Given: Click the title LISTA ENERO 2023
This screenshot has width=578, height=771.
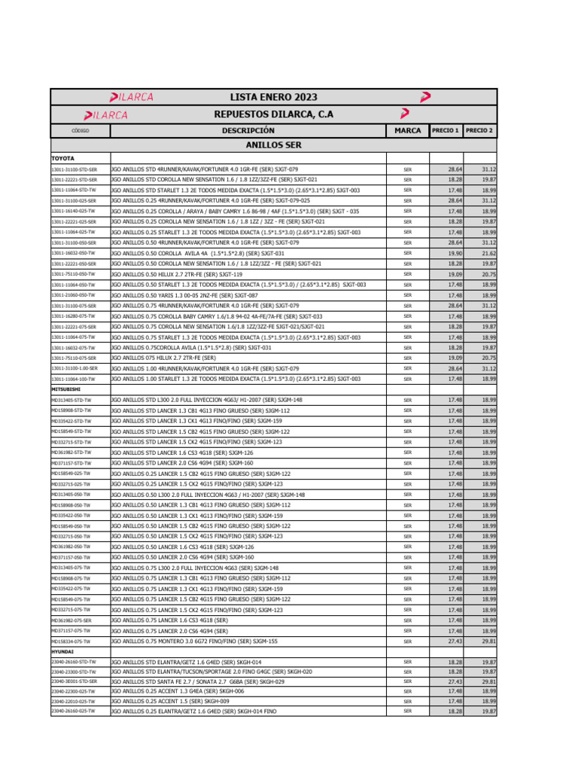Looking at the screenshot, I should pyautogui.click(x=274, y=97).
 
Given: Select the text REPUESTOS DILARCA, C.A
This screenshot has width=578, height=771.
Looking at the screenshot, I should pyautogui.click(x=274, y=114).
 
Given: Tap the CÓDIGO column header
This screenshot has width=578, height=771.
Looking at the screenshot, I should pyautogui.click(x=80, y=131).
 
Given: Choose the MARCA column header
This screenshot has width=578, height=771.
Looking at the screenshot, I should pyautogui.click(x=407, y=130).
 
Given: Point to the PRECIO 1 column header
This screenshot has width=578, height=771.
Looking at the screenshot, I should pyautogui.click(x=446, y=130).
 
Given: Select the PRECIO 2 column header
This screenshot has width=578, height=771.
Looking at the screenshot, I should pyautogui.click(x=479, y=130).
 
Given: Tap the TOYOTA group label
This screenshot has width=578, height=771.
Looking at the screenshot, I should pyautogui.click(x=62, y=159).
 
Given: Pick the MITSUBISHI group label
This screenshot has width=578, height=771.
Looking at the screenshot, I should pyautogui.click(x=65, y=389).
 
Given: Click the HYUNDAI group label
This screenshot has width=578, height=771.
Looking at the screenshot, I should pyautogui.click(x=62, y=652).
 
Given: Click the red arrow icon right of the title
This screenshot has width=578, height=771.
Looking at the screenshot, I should pyautogui.click(x=425, y=97).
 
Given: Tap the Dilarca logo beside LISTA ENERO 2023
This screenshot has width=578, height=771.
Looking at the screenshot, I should pyautogui.click(x=132, y=97).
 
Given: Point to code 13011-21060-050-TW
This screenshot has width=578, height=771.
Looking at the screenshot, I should pyautogui.click(x=73, y=296).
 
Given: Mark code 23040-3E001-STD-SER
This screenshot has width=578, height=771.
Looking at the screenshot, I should pyautogui.click(x=74, y=681).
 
